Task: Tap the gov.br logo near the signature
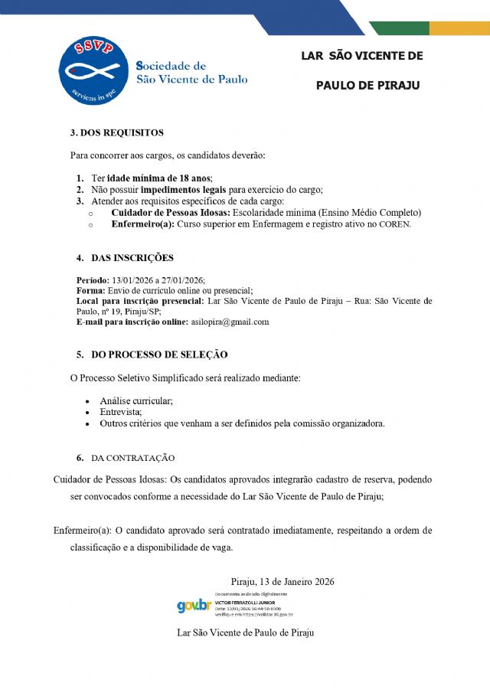193,606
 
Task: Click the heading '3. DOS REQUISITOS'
117,132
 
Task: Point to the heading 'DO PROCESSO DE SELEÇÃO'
159,355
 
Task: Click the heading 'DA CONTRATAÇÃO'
132,458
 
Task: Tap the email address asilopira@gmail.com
230,322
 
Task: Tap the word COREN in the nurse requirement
394,224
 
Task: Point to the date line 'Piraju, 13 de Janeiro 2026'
283,582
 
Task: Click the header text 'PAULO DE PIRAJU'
367,85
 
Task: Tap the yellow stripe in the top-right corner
459,28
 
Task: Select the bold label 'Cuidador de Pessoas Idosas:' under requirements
170,212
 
